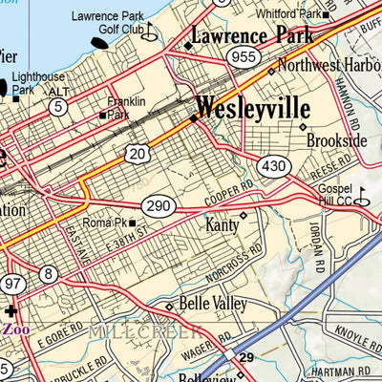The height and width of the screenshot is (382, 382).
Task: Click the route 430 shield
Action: pyautogui.click(x=275, y=166)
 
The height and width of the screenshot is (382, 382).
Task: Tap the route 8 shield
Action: pyautogui.click(x=49, y=275)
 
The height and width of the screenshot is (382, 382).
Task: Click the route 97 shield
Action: pyautogui.click(x=13, y=284)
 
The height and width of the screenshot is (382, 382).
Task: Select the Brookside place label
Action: pyautogui.click(x=336, y=140)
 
